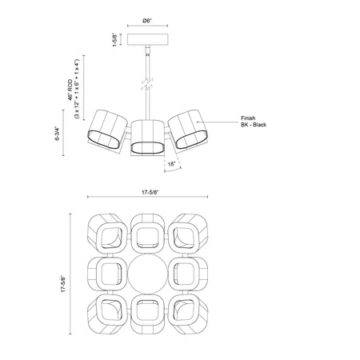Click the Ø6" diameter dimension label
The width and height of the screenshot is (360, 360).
(x=147, y=21)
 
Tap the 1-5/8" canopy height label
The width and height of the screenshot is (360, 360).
(x=115, y=40)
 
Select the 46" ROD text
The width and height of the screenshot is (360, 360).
(x=70, y=90)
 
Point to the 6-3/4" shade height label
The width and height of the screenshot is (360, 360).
(x=58, y=134)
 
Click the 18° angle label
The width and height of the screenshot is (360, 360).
(x=171, y=164)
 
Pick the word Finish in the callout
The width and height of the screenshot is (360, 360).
(x=248, y=118)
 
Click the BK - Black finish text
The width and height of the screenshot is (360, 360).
(x=254, y=125)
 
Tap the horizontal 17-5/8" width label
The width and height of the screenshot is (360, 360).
(x=150, y=192)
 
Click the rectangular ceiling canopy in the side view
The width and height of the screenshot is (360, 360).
(x=148, y=39)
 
